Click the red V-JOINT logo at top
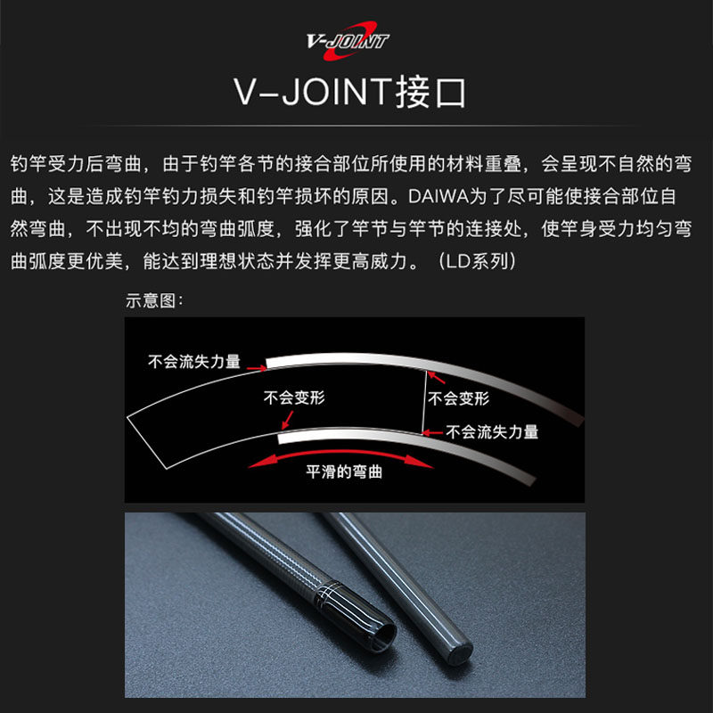tap(348, 40)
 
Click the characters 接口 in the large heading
tap(430, 93)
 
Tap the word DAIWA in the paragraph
tap(438, 196)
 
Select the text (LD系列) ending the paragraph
tap(477, 261)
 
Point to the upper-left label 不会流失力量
tap(194, 362)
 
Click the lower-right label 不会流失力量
tap(492, 431)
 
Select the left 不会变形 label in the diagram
tap(294, 397)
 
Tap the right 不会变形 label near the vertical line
tap(458, 398)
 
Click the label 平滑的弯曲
tap(344, 471)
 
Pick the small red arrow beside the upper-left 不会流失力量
tap(257, 367)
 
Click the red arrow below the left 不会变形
tap(287, 420)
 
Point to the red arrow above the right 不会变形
tap(437, 377)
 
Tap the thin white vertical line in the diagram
tap(424, 402)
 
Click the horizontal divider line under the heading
tap(356, 125)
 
